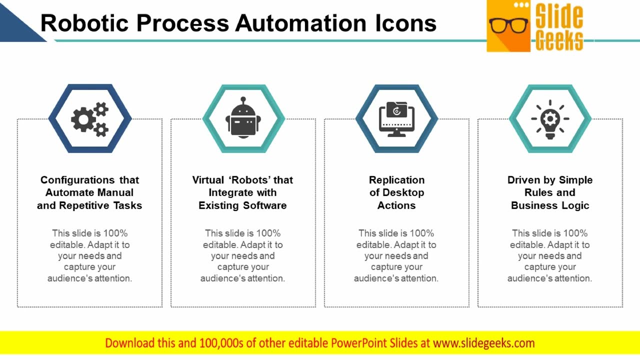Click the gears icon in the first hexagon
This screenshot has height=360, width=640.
click(x=90, y=119)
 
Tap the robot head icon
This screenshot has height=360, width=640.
click(x=243, y=118)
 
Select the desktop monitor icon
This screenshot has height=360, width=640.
click(x=396, y=119)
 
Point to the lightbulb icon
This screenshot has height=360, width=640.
click(x=550, y=118)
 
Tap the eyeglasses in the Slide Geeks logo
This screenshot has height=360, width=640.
click(x=508, y=25)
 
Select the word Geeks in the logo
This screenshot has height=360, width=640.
click(x=559, y=40)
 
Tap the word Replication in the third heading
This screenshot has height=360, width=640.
click(x=396, y=180)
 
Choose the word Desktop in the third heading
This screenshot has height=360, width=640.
click(x=403, y=192)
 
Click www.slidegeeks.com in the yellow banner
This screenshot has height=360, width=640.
click(x=483, y=343)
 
